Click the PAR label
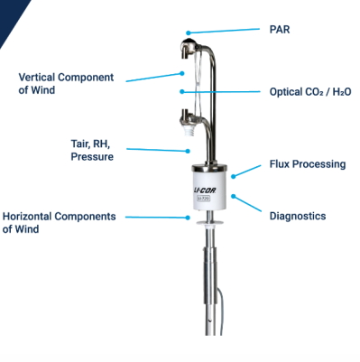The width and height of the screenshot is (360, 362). [280, 30]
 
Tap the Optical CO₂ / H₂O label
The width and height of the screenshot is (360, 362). [310, 91]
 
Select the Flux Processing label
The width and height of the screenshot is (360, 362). [308, 164]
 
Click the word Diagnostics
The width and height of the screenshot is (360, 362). [298, 216]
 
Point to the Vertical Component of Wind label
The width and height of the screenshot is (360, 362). [66, 84]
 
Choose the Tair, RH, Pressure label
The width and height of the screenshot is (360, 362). [92, 150]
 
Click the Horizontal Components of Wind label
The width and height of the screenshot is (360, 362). [59, 223]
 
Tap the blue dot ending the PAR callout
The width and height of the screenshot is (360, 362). [189, 32]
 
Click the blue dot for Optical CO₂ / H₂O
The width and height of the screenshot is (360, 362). [182, 91]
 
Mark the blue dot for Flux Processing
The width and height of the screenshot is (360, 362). [234, 176]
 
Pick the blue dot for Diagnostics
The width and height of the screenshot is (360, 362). [234, 196]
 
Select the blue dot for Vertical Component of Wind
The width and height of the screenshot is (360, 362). [182, 73]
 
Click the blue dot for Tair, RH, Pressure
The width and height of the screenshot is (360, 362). [189, 151]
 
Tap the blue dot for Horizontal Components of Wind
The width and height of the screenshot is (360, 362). [189, 218]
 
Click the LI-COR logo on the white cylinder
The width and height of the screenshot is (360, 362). [205, 190]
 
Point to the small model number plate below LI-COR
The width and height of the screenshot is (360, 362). [204, 199]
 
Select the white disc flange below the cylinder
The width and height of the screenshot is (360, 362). [209, 223]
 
